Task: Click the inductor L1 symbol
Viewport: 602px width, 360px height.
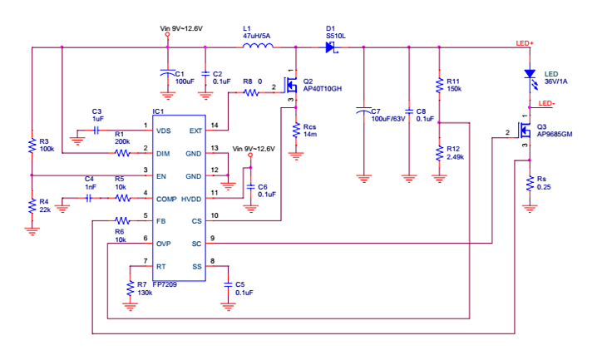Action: (259, 47)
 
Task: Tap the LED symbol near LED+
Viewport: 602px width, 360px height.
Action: (529, 74)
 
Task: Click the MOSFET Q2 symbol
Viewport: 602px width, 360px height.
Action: (291, 85)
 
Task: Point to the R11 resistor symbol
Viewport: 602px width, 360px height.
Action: (439, 85)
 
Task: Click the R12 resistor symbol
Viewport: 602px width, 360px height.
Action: (439, 153)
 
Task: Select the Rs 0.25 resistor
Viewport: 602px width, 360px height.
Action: (529, 185)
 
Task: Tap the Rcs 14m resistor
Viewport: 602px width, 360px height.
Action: (296, 130)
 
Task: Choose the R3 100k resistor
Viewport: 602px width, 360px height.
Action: (31, 146)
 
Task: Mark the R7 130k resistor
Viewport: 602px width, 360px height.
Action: (130, 288)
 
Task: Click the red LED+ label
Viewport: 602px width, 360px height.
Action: (525, 43)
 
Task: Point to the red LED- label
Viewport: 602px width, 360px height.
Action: (546, 104)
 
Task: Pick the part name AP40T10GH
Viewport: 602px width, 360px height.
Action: (323, 89)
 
